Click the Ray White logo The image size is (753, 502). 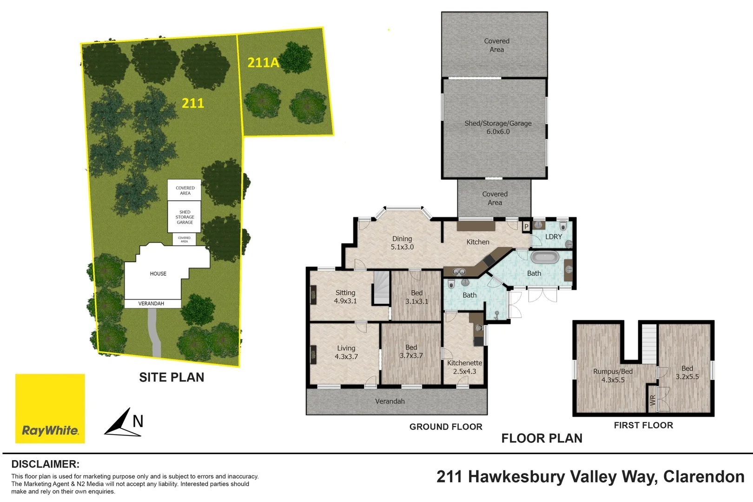[50, 409]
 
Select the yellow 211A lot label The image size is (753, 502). [263, 62]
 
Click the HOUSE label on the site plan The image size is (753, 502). [158, 274]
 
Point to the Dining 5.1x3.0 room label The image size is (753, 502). [402, 243]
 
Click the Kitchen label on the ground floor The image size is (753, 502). [478, 242]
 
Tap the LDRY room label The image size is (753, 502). [553, 237]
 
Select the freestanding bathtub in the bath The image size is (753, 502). [544, 257]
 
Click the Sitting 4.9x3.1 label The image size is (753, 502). [345, 297]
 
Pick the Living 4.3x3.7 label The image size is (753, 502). [346, 352]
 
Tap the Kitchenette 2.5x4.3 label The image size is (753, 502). [464, 367]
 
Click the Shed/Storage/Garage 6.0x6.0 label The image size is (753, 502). [498, 127]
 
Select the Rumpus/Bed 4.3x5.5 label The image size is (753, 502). [613, 376]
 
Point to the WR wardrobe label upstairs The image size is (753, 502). [653, 400]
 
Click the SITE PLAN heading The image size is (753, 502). [172, 377]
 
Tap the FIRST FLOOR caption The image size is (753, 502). [643, 425]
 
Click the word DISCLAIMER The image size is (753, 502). [45, 464]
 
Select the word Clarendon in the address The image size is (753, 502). [704, 476]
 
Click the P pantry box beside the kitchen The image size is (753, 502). [526, 227]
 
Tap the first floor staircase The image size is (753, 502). [649, 343]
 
